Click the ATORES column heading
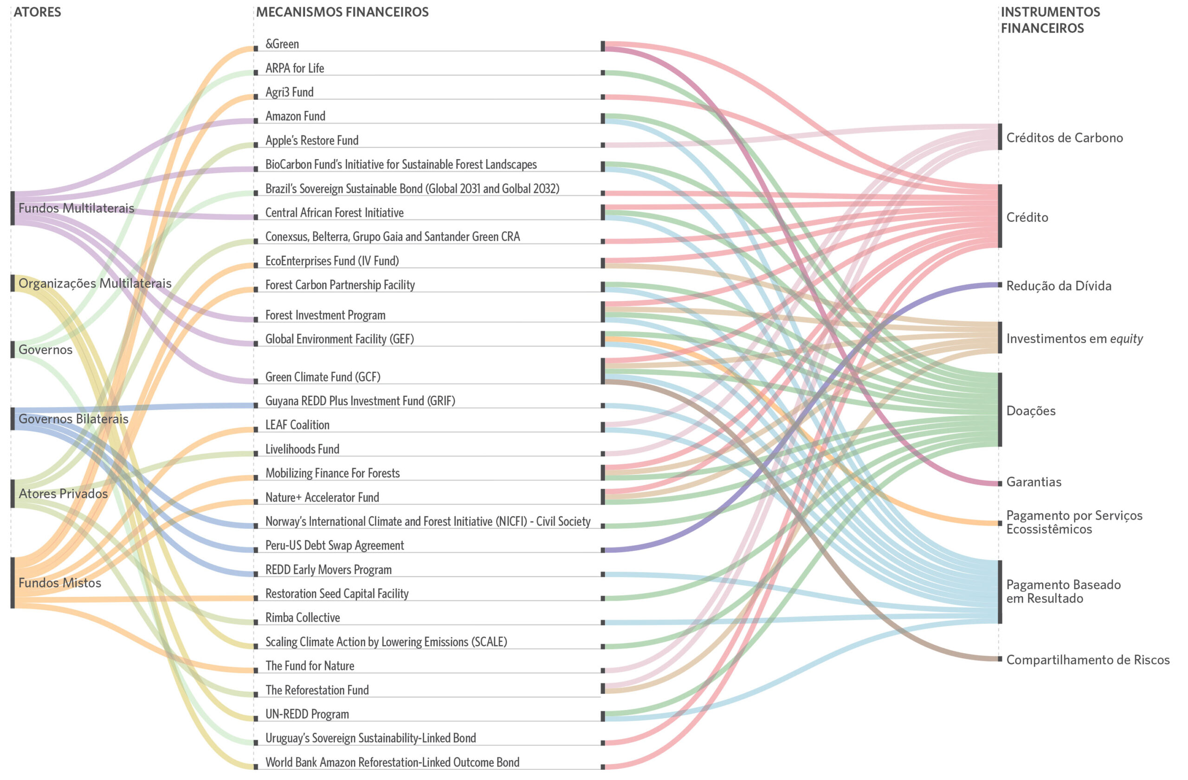[37, 12]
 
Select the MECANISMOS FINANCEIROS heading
[342, 12]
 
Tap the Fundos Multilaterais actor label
[76, 208]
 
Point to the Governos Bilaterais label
[73, 419]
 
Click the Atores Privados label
[63, 494]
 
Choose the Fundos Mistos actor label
[59, 583]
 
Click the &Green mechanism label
[282, 44]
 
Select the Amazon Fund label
[295, 117]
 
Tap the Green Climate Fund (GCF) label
[323, 377]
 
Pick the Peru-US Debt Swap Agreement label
[335, 545]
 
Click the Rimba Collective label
[303, 617]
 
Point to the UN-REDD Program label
[307, 714]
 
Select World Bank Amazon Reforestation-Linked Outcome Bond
[392, 762]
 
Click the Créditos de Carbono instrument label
[1064, 138]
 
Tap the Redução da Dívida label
[1058, 286]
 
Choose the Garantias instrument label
[1033, 482]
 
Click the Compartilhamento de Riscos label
[1087, 660]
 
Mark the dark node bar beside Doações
[999, 409]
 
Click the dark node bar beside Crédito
[999, 216]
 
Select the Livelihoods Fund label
[302, 449]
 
